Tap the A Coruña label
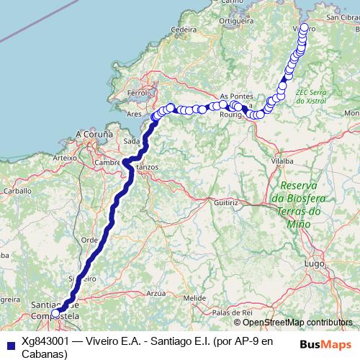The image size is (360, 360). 94,134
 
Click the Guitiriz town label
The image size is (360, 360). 225,203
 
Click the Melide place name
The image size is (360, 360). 194,297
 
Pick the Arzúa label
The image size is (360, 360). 156,293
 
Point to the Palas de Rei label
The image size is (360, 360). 232,312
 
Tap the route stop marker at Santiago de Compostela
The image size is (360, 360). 55,313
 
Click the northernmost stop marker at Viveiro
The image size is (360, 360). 303,28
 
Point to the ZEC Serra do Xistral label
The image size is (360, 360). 312,97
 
